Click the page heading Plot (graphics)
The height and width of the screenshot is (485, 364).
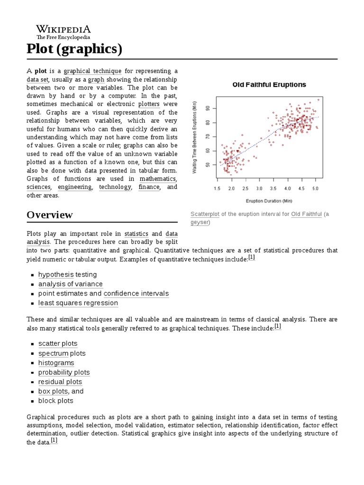[x=74, y=49]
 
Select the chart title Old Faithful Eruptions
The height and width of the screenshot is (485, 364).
[x=269, y=85]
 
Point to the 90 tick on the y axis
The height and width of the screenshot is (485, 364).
[x=207, y=108]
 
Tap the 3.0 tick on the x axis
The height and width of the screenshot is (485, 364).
[x=259, y=188]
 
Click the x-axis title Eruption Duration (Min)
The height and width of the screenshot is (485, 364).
[x=269, y=200]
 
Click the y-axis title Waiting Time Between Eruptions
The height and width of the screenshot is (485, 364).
[x=194, y=137]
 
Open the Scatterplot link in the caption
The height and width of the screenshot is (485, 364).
[x=205, y=214]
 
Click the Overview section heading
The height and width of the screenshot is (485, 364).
[x=50, y=215]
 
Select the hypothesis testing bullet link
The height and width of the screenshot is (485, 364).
[x=67, y=274]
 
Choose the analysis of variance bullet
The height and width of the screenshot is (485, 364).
[x=70, y=284]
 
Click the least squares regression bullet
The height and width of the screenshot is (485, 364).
[x=78, y=303]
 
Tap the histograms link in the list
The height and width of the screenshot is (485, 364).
[x=56, y=363]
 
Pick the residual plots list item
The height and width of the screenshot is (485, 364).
[x=60, y=382]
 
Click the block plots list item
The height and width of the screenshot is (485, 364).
[x=56, y=401]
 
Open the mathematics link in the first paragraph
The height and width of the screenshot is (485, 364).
[x=158, y=179]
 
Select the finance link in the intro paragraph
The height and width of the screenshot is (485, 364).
[x=149, y=187]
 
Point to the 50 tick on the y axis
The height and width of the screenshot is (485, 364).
[x=207, y=164]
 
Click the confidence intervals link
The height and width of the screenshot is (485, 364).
[x=136, y=293]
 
